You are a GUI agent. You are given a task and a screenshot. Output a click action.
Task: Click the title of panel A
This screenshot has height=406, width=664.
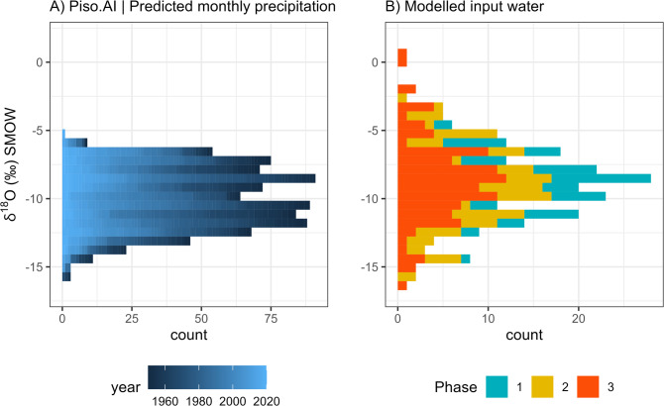[192, 7]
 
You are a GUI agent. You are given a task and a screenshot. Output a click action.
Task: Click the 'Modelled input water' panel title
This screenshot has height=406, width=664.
[465, 7]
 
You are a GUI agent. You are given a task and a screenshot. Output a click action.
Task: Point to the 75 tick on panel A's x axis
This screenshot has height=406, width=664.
[271, 318]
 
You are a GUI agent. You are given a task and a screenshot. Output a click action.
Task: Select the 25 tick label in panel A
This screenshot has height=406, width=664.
[132, 318]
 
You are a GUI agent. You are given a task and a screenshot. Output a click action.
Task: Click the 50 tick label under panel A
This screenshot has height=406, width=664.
[201, 318]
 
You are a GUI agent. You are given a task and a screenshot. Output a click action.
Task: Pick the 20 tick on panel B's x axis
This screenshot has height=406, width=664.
[579, 318]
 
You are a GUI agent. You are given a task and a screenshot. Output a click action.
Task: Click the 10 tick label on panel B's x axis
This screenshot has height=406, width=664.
[488, 318]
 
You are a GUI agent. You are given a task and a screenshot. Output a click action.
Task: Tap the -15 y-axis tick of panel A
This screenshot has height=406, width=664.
[36, 266]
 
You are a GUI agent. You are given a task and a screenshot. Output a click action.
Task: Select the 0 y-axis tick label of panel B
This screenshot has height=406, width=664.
[376, 62]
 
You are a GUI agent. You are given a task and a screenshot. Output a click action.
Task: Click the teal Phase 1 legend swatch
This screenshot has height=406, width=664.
[497, 387]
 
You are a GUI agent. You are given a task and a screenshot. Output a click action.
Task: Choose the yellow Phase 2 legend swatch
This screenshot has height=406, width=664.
[542, 387]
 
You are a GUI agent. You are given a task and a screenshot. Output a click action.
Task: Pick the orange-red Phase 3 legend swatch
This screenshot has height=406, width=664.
[588, 387]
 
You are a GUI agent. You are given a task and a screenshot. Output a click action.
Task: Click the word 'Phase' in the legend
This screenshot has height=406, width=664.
[456, 387]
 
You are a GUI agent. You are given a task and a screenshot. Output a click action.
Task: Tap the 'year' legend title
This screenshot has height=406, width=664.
[125, 388]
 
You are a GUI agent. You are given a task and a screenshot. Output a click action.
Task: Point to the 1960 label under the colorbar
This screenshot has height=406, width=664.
[166, 401]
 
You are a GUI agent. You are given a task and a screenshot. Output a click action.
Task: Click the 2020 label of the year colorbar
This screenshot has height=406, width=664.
[267, 401]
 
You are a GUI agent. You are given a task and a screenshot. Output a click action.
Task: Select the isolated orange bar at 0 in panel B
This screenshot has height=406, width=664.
[402, 58]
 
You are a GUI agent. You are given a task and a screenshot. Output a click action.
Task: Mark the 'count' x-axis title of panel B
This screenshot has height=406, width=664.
[524, 335]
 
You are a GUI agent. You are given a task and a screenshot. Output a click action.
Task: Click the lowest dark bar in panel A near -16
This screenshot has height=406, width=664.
[66, 276]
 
